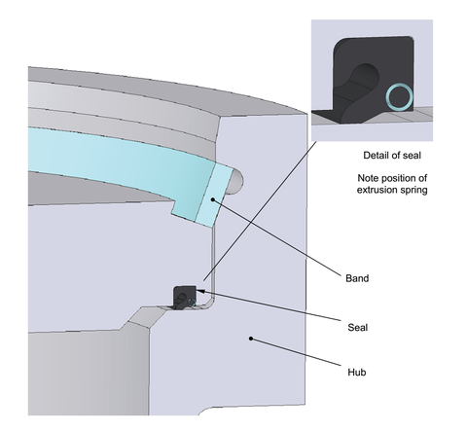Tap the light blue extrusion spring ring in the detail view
pos(399,96)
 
